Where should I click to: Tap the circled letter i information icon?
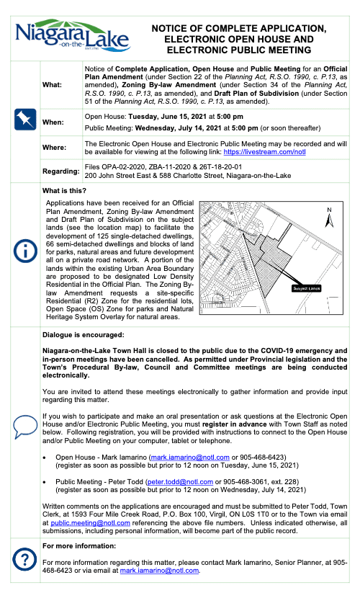click(24, 251)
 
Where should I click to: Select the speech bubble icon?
click(24, 424)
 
